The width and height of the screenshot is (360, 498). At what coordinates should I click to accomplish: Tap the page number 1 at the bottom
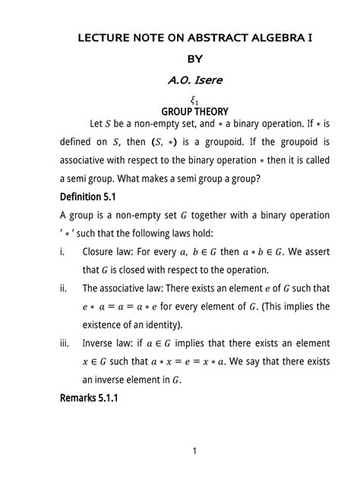click(x=194, y=452)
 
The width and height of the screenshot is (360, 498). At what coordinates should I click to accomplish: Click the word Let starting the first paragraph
click(x=98, y=123)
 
